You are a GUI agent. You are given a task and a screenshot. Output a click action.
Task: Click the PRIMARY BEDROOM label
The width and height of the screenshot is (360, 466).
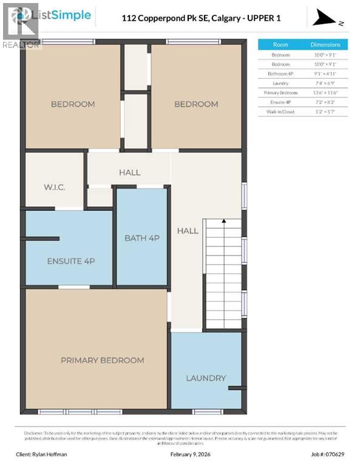(102, 360)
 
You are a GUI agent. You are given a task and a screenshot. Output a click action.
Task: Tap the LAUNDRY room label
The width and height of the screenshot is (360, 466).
(206, 378)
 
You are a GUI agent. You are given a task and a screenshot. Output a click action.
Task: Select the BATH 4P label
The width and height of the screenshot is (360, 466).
(141, 238)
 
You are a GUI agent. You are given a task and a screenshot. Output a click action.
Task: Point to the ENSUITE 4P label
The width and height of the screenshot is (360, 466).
(70, 261)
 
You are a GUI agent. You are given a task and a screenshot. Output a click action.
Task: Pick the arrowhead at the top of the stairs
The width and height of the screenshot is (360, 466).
(223, 222)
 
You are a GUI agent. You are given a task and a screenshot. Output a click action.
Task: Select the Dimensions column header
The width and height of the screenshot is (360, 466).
(325, 44)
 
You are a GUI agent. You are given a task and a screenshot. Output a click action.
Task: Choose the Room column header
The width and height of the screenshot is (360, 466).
(280, 44)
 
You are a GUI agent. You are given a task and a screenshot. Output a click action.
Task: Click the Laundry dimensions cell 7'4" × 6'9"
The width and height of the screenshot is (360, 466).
(325, 83)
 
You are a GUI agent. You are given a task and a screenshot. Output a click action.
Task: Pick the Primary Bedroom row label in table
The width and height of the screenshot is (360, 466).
(280, 93)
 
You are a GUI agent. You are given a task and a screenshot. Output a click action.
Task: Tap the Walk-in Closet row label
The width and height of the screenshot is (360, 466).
(280, 112)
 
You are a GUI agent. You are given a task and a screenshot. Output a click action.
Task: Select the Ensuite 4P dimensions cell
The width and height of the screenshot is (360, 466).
(325, 102)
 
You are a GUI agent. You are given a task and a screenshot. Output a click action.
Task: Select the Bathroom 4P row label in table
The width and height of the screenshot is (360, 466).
(280, 73)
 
